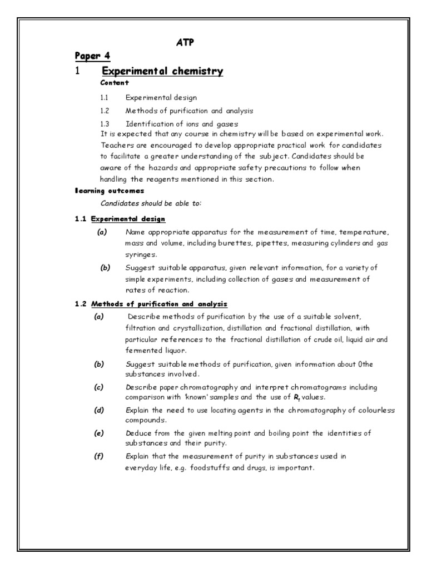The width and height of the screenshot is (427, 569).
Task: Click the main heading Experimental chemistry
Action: (x=162, y=71)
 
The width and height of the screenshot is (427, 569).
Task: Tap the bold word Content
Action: (x=115, y=83)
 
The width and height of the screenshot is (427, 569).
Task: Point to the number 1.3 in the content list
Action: (x=105, y=123)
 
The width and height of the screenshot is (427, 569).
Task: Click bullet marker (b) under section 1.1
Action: (x=106, y=268)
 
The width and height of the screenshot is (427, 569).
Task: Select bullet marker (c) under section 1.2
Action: (x=100, y=387)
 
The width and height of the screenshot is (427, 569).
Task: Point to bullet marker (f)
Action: (x=100, y=456)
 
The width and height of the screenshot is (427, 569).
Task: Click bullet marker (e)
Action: (x=100, y=432)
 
